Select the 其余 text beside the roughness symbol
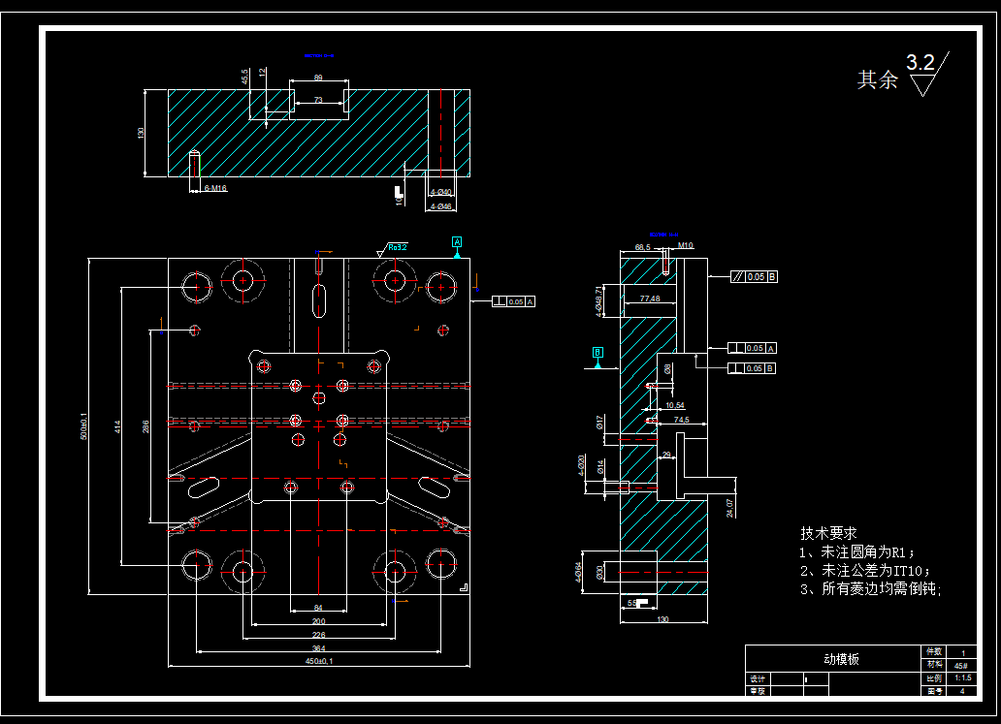[877, 80]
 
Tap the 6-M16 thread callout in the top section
[214, 188]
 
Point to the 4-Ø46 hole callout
[441, 206]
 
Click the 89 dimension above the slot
[318, 79]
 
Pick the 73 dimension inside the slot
[318, 101]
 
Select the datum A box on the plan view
[457, 241]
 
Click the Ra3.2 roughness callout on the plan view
[397, 248]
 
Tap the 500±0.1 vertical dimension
[83, 426]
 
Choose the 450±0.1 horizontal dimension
[318, 661]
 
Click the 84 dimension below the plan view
[318, 608]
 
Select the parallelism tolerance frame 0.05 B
[755, 277]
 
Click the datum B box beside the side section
[597, 351]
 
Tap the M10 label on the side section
[686, 246]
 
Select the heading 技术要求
[828, 533]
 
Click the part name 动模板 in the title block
[841, 659]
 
